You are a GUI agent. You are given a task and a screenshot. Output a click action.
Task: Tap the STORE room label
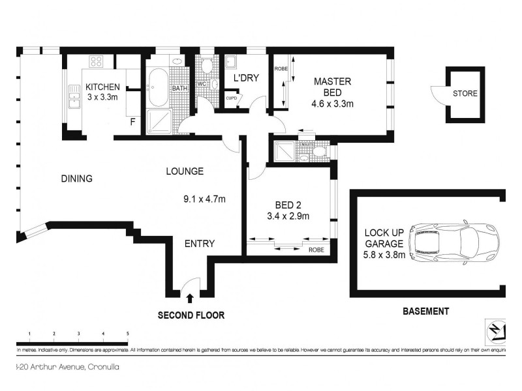point(465,94)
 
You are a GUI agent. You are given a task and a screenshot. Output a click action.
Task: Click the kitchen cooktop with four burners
point(97,62)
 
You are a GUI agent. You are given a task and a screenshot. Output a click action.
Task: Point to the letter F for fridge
point(132,122)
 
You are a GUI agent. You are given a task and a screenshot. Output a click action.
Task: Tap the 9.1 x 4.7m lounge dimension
point(204,199)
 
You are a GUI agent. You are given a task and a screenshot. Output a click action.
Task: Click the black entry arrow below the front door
point(190,298)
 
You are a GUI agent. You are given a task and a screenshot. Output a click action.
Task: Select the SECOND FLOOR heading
point(191,315)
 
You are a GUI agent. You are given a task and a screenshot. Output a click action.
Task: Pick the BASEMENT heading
point(424,311)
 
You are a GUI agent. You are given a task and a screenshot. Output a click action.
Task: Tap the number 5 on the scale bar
point(128,334)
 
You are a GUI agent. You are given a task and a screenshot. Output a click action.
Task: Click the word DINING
point(76,179)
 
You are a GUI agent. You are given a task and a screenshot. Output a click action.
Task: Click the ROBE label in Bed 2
point(316,249)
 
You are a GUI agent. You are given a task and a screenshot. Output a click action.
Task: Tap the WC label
point(202,83)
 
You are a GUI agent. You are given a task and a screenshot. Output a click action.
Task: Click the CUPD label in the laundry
point(231,98)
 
